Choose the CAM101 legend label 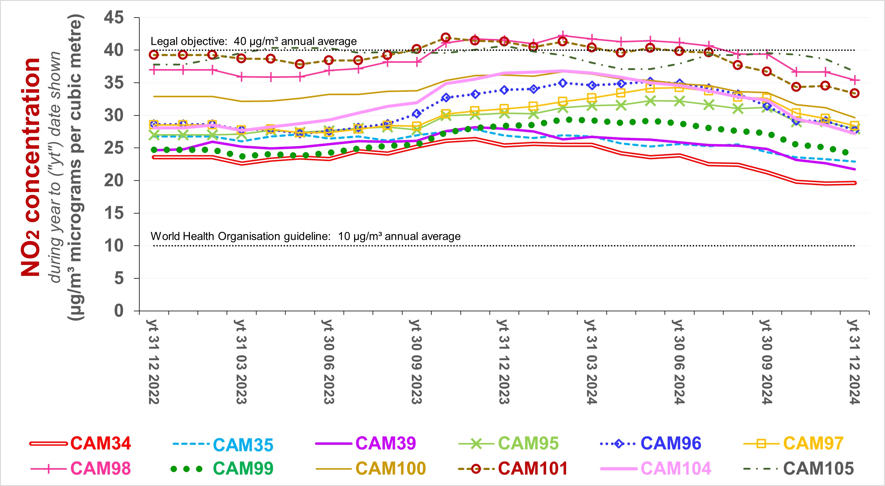coord(533,468)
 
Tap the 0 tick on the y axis coord(119,311)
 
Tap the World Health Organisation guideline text coord(240,236)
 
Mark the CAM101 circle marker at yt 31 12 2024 coord(854,93)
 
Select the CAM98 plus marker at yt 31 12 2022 coord(154,70)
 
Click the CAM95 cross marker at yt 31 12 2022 coord(154,135)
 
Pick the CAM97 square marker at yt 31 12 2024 coord(854,125)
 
